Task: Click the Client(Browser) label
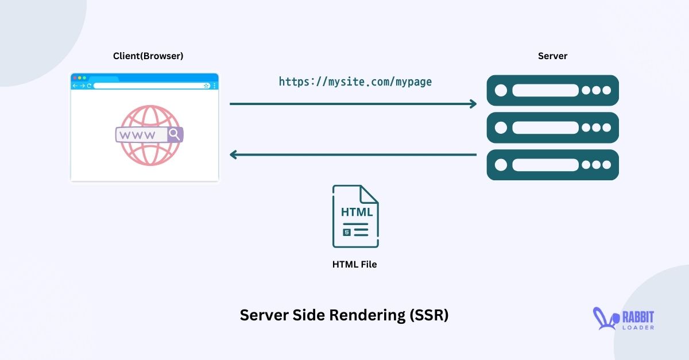click(x=148, y=56)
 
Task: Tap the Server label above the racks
click(x=552, y=56)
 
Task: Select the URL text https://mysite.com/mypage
click(x=355, y=82)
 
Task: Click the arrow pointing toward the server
click(x=353, y=104)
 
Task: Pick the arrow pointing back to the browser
click(x=353, y=154)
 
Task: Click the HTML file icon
click(x=355, y=216)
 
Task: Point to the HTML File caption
click(x=354, y=265)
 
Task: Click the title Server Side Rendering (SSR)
click(x=344, y=315)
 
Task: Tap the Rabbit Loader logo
click(x=624, y=319)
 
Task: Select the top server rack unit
click(x=552, y=91)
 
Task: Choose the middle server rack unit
click(x=552, y=127)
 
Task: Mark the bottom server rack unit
click(x=552, y=165)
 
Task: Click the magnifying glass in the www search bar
click(x=175, y=135)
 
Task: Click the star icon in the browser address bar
click(x=206, y=86)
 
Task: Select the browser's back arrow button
click(x=75, y=86)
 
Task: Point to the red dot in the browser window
click(x=74, y=78)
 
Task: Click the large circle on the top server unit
click(x=501, y=91)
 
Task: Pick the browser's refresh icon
click(x=89, y=86)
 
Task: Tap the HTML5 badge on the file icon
click(x=346, y=232)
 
